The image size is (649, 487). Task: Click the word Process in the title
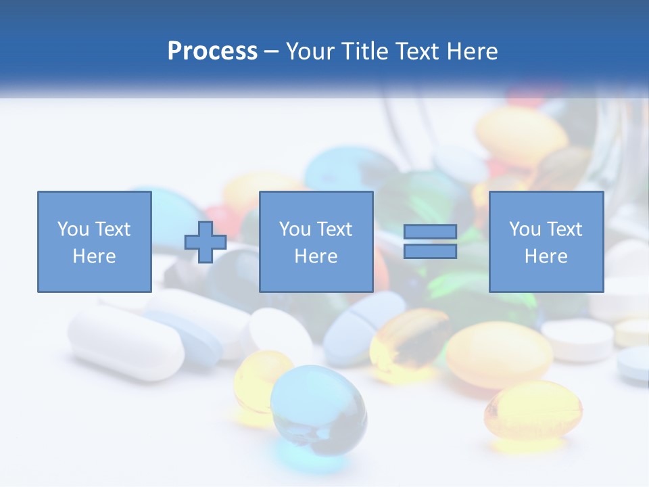[x=212, y=51]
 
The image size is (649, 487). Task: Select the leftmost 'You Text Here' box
[x=94, y=241]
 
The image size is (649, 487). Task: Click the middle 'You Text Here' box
[x=316, y=241]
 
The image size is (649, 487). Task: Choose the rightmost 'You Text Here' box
[x=546, y=241]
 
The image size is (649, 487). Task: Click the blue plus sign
[x=206, y=242]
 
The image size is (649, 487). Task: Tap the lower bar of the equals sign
[x=430, y=252]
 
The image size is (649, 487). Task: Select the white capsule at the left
[x=125, y=342]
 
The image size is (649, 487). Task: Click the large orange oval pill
[x=498, y=354]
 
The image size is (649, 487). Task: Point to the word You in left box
[x=72, y=229]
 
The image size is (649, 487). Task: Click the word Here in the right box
[x=546, y=256]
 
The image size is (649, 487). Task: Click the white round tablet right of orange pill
[x=578, y=338]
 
